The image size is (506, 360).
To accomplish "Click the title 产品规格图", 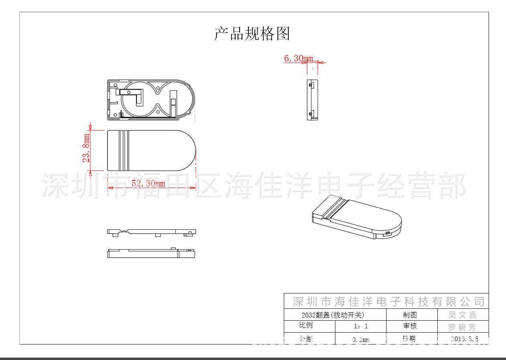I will [252, 34].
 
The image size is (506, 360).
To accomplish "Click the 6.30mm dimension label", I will [298, 59].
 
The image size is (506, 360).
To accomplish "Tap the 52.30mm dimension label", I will [148, 184].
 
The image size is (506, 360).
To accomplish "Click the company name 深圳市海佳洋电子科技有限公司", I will [388, 301].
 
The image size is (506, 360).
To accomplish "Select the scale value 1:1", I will [361, 326].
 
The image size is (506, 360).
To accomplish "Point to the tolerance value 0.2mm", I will [361, 340].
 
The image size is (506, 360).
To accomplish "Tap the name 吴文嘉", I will [462, 315].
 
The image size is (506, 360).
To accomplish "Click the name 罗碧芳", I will [462, 327].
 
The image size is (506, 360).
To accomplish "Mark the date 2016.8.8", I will [464, 339].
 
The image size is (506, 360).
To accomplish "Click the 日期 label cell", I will [409, 339].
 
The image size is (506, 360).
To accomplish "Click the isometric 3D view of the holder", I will [357, 217].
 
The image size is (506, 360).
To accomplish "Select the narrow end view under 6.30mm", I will [312, 100].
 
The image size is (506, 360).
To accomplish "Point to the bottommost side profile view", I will [151, 253].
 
